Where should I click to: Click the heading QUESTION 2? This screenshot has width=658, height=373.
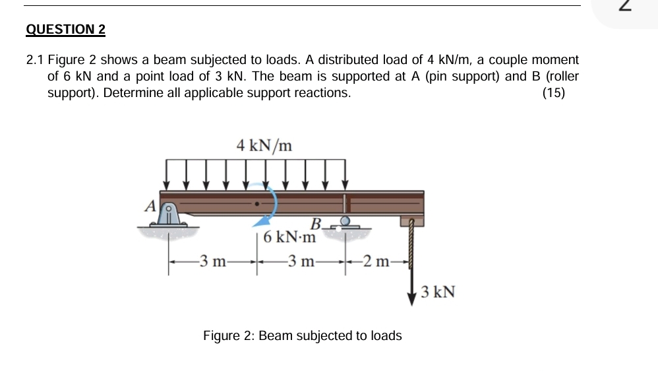pos(66,30)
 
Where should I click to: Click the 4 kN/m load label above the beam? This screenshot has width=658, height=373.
pos(264,145)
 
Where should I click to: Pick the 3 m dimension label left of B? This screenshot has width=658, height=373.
pos(301,262)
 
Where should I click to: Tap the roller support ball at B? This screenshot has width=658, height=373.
pos(344,221)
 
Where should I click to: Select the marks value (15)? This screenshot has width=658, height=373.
pos(553,93)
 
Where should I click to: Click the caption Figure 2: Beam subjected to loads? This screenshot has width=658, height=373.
pos(302,336)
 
